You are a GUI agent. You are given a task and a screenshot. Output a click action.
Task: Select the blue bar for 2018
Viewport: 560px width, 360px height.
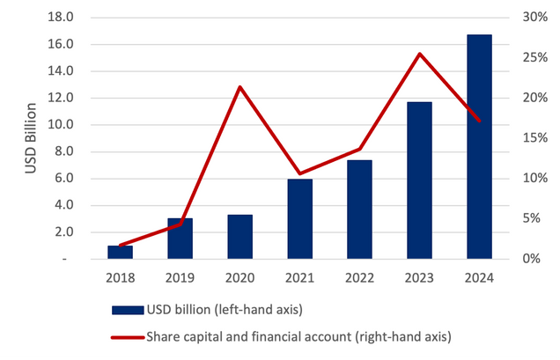click(120, 252)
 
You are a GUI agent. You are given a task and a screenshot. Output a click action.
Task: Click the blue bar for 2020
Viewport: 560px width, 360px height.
click(240, 237)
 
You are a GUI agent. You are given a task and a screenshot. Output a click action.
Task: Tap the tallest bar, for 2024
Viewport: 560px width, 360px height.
click(479, 147)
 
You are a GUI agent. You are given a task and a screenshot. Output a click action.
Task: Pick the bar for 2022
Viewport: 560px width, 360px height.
click(359, 209)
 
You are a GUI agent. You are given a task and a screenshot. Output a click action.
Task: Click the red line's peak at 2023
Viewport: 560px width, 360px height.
click(420, 54)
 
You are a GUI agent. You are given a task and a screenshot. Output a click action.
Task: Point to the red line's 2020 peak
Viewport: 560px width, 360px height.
click(240, 87)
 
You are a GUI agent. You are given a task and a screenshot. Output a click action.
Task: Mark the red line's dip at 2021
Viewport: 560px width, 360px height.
click(299, 173)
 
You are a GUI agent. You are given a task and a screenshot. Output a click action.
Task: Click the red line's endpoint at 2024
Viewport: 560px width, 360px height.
click(479, 121)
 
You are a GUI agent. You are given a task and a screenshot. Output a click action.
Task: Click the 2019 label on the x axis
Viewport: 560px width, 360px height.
click(180, 278)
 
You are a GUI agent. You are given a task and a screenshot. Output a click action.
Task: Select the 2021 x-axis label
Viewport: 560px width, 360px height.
click(299, 278)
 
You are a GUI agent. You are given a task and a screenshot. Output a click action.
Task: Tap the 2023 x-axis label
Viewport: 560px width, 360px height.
click(419, 278)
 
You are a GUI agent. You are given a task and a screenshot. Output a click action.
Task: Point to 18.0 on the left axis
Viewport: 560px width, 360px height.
click(61, 17)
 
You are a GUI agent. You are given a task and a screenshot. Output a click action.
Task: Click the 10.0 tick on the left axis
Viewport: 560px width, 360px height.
click(61, 124)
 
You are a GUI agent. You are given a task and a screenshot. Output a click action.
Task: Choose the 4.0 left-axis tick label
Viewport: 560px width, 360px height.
click(64, 205)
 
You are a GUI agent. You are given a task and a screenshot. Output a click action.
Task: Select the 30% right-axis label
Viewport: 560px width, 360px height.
click(535, 17)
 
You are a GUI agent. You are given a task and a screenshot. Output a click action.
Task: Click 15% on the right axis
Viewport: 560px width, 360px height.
click(535, 138)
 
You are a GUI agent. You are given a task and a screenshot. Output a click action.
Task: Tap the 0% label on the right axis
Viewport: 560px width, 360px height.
click(532, 259)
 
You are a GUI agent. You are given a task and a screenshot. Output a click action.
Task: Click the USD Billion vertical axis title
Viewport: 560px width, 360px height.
click(31, 138)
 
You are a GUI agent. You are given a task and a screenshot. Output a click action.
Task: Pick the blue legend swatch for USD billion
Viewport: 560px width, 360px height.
click(128, 310)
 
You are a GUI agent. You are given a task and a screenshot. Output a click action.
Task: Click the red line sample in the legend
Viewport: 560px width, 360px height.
click(128, 337)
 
